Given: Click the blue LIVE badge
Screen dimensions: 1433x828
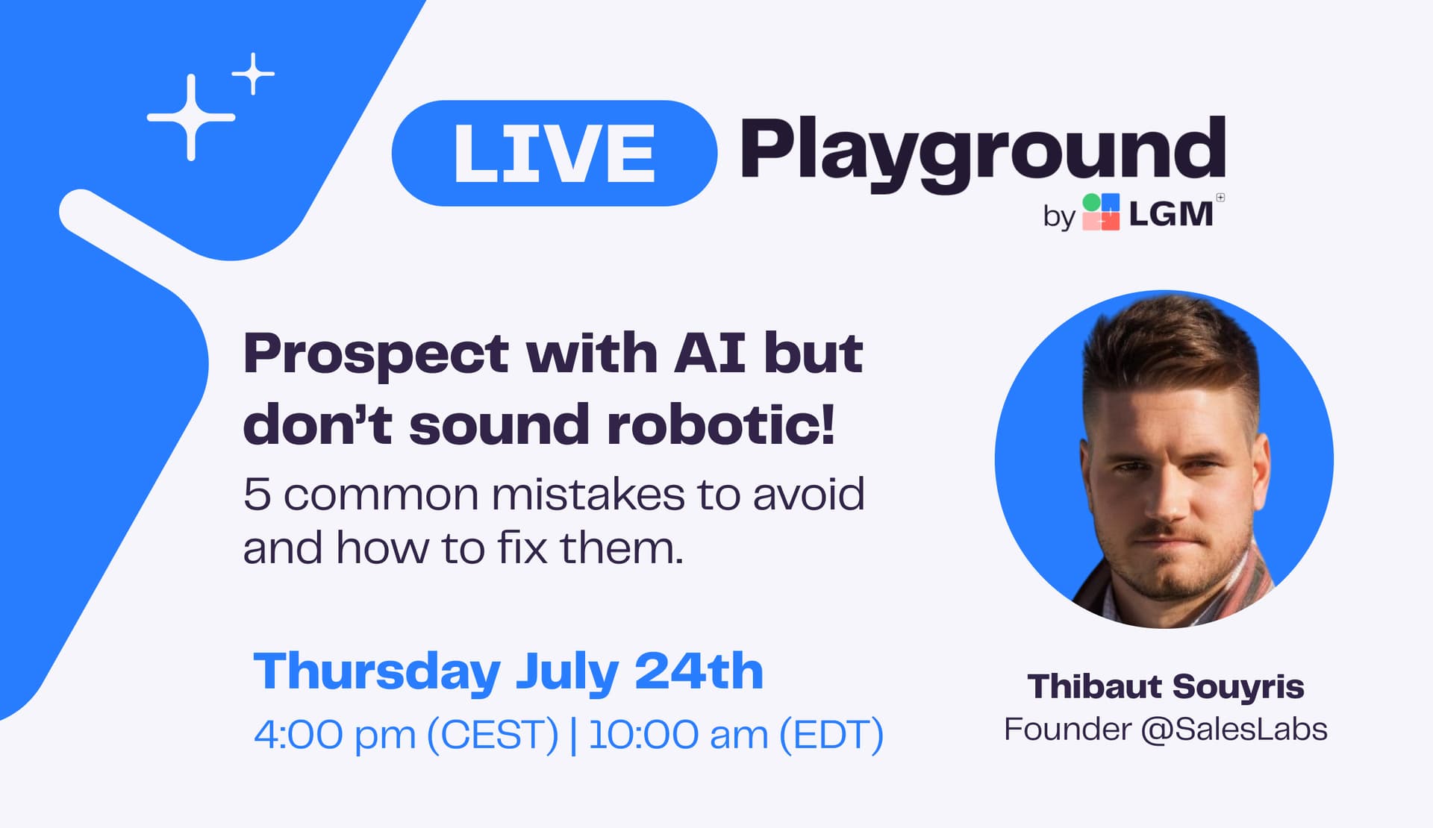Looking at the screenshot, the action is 554,153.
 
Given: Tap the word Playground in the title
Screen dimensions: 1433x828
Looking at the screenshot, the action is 983,154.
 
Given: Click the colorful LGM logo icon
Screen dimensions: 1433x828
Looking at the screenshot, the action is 1101,212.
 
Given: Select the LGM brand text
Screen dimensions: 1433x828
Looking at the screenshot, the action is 1170,214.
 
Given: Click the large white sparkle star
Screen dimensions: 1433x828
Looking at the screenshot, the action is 191,117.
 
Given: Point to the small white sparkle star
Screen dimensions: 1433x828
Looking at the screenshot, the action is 254,74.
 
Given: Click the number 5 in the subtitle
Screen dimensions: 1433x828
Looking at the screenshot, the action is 257,494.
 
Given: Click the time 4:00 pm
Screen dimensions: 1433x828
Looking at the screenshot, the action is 334,734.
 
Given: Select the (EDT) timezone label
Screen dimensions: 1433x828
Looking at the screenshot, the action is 831,734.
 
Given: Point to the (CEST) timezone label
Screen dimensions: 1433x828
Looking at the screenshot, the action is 493,734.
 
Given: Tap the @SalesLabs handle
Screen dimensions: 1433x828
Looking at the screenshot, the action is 1234,729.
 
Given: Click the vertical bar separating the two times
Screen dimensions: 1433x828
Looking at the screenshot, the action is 573,735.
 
